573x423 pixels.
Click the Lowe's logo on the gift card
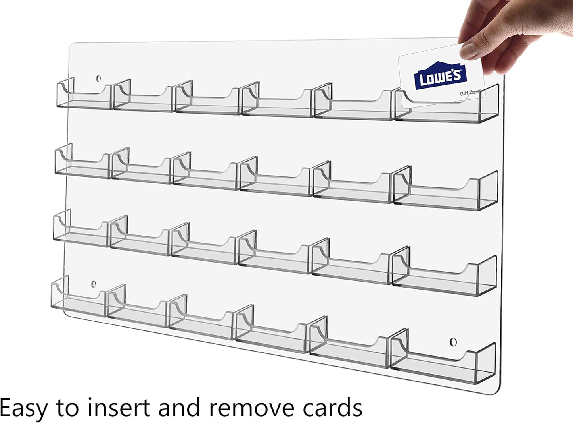pyautogui.click(x=440, y=76)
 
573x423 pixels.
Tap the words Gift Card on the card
pyautogui.click(x=470, y=93)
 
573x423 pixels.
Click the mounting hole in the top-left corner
pyautogui.click(x=98, y=79)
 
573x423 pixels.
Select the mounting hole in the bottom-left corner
pyautogui.click(x=94, y=284)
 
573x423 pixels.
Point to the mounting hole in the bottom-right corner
pyautogui.click(x=453, y=342)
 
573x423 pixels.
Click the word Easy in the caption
pyautogui.click(x=23, y=408)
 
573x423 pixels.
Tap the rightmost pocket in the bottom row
pyautogui.click(x=443, y=361)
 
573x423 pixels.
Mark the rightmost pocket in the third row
pyautogui.click(x=445, y=276)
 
